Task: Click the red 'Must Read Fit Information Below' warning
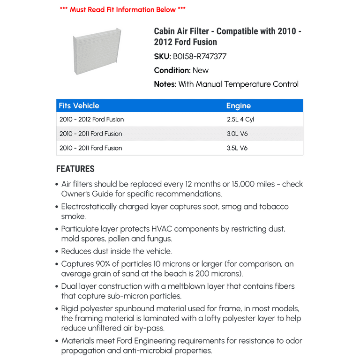[x=123, y=9]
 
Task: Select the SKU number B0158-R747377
[x=200, y=57]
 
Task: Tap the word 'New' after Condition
[x=201, y=70]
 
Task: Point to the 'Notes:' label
[x=165, y=84]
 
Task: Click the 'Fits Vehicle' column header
[x=79, y=106]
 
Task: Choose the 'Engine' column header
[x=239, y=106]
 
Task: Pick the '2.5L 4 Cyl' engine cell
[x=240, y=120]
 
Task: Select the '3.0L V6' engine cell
[x=237, y=134]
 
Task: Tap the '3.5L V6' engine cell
[x=237, y=148]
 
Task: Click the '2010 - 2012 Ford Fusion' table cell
[x=92, y=120]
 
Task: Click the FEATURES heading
[x=75, y=169]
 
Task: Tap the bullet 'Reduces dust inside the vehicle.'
[x=117, y=251]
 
